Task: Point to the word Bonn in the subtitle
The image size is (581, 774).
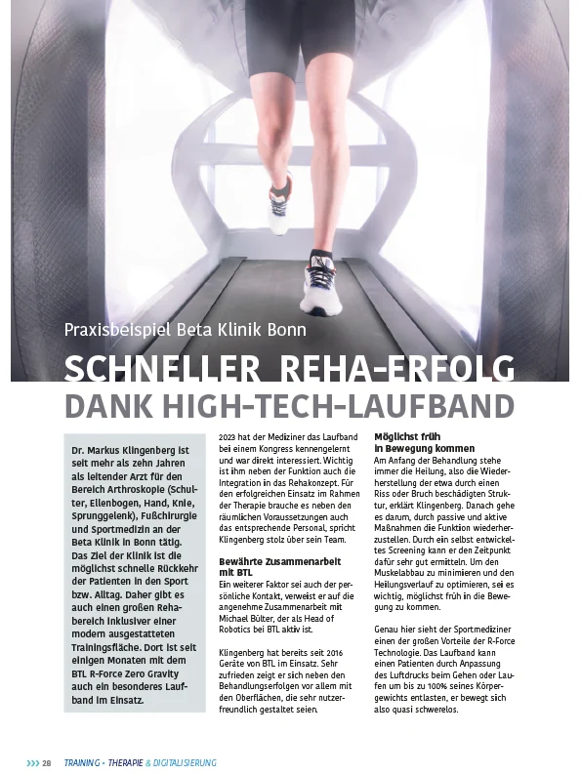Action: pyautogui.click(x=284, y=330)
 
